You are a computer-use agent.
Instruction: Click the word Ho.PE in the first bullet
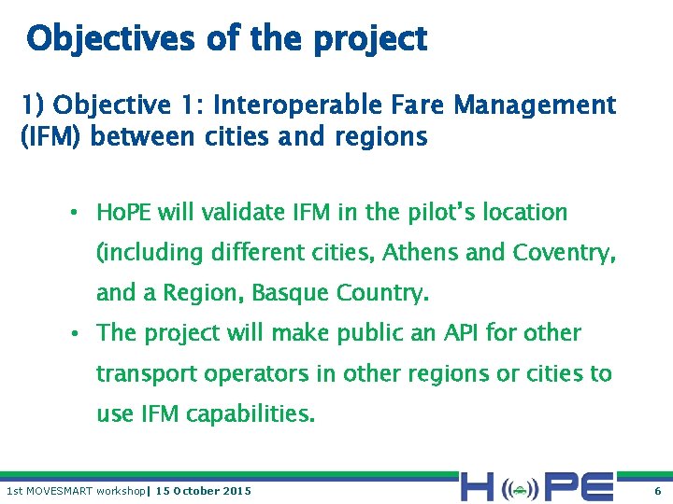click(124, 213)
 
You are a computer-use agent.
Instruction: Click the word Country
click(387, 293)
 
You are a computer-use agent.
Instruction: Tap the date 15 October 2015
click(203, 491)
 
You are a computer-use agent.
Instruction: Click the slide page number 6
click(657, 491)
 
